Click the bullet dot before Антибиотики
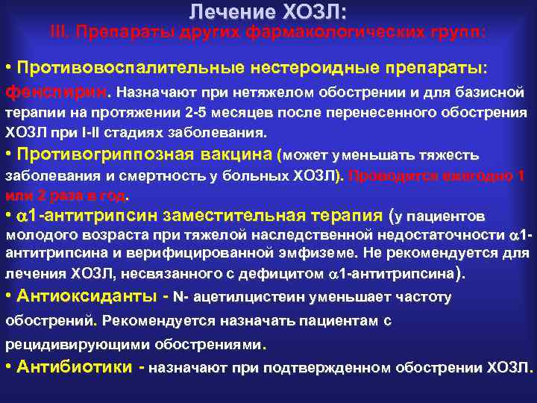[x=8, y=367]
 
